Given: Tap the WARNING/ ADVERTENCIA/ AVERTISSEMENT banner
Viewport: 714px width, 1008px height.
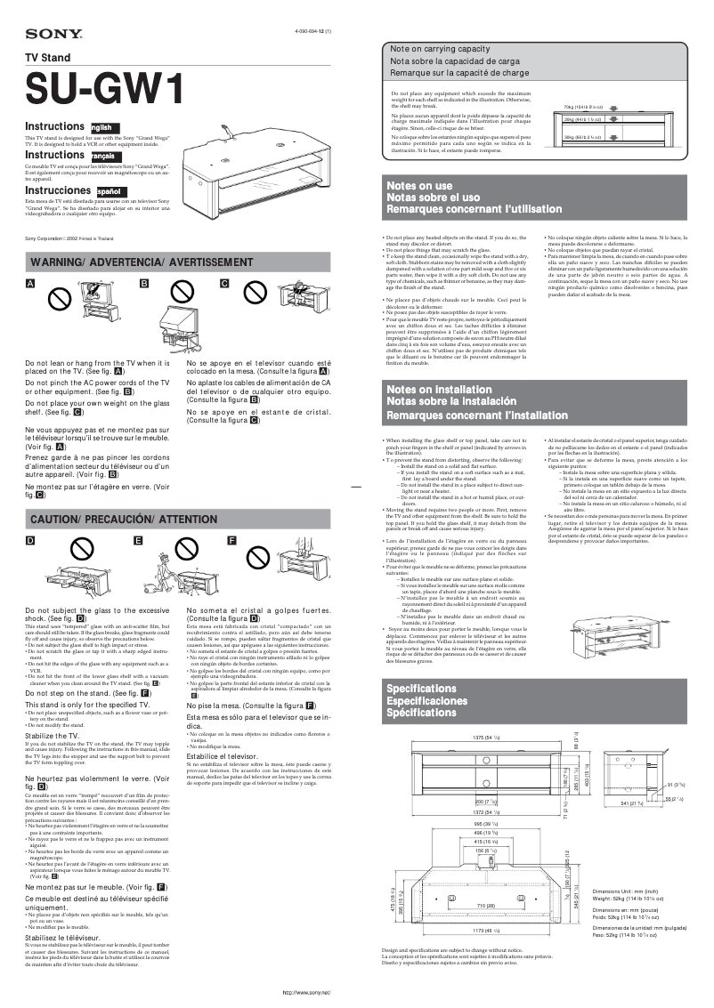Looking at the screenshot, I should (142, 262).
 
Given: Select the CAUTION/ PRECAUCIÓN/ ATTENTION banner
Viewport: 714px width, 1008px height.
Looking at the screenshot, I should (124, 519).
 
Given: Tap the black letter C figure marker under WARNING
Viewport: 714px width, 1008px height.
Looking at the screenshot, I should (224, 284).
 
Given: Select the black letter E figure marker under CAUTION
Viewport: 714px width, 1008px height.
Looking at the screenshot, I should (138, 541).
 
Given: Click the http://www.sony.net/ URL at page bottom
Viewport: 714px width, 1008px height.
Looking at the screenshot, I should (306, 991).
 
